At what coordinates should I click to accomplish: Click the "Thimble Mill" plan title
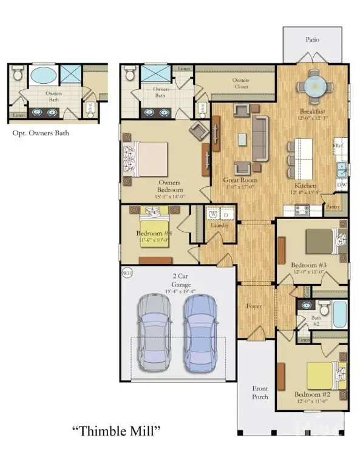click(x=116, y=432)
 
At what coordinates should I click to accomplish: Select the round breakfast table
click(x=314, y=86)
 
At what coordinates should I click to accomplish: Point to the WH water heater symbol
click(x=127, y=272)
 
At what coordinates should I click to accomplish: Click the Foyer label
click(x=254, y=306)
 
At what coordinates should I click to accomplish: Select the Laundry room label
click(x=219, y=226)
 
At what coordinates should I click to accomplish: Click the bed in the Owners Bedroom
click(x=148, y=158)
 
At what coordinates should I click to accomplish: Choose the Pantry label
click(x=332, y=206)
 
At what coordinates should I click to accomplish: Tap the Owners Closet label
click(x=242, y=83)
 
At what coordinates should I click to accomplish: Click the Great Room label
click(x=240, y=180)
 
